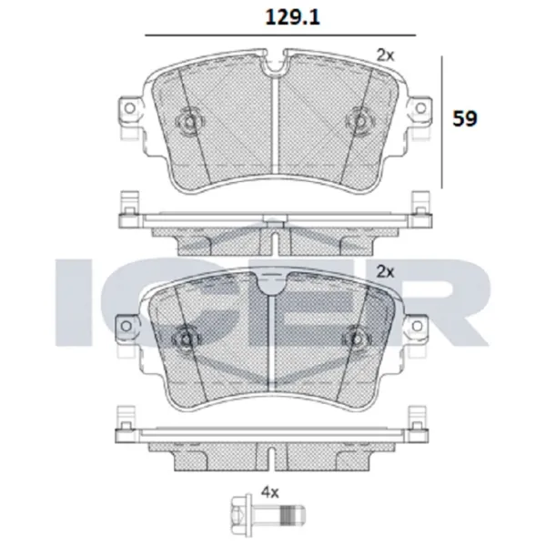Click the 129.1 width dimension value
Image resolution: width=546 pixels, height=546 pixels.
click(x=281, y=15)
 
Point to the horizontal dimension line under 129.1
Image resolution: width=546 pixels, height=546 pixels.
click(x=281, y=35)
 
